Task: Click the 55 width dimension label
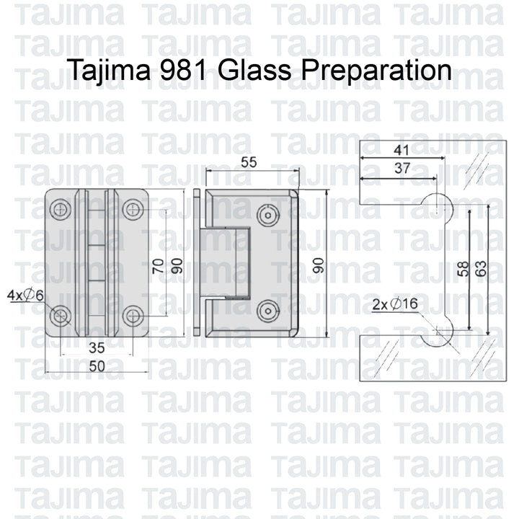pos(249,163)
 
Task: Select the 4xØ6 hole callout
pos(26,295)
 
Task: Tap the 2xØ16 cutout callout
pos(396,305)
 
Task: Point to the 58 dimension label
pos(463,268)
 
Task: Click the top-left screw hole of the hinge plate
pos(61,210)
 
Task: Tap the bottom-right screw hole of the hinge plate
pos(131,314)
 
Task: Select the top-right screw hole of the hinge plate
pos(131,210)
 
